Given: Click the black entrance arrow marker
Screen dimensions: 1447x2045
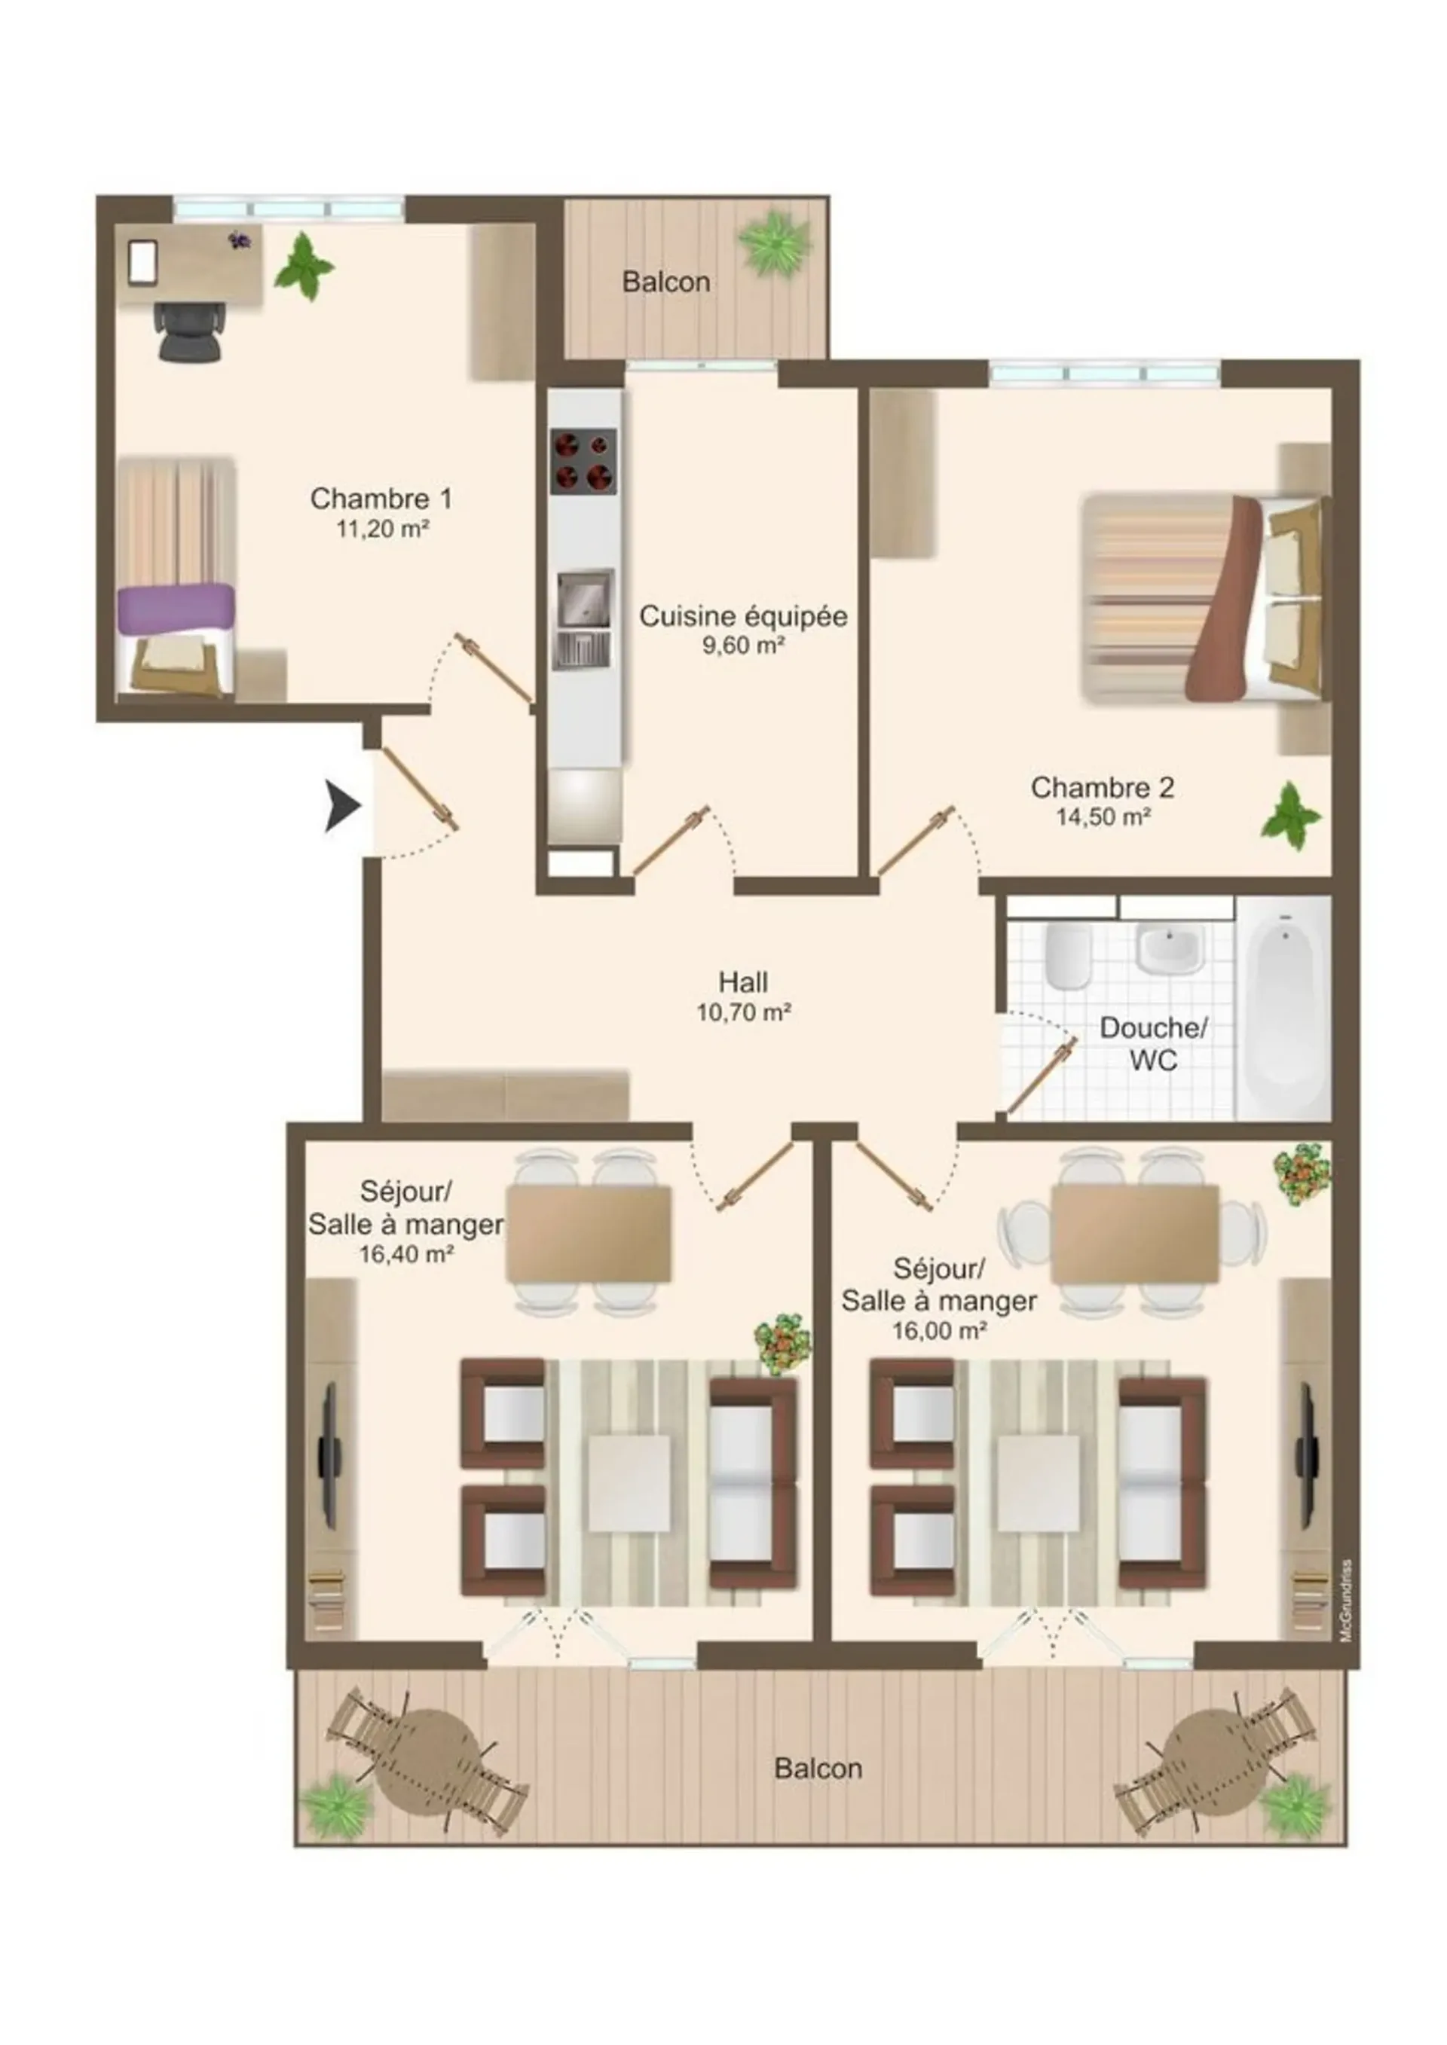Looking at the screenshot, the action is (341, 807).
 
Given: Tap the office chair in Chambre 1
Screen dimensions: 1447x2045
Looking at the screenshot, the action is (190, 331).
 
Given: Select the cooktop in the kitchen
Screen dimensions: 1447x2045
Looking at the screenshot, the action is (583, 462).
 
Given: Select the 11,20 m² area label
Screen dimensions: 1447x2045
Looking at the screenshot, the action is (382, 528).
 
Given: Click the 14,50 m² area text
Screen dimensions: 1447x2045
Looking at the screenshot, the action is (1103, 816).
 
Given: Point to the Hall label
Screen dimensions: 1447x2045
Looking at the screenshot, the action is (743, 982).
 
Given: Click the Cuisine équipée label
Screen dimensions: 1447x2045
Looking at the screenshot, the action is (743, 616).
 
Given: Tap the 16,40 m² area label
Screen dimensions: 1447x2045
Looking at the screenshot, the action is (406, 1254).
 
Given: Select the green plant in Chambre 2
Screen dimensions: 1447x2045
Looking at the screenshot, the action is (1290, 816).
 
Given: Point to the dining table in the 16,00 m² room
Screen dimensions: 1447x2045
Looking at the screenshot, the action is (1134, 1234).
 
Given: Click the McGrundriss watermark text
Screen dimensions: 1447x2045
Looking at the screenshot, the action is (1345, 1601).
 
